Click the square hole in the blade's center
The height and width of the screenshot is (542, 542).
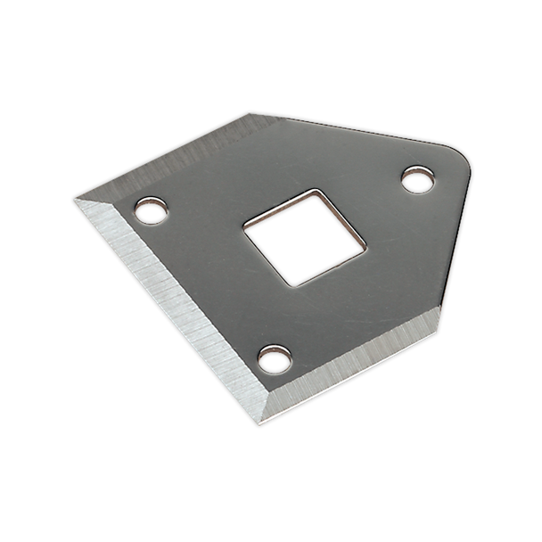pos(302,238)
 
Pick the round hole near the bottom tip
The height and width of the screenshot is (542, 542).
pos(274,359)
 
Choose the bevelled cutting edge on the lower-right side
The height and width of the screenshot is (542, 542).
pos(357,364)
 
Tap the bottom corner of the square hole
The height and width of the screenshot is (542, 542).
pos(289,286)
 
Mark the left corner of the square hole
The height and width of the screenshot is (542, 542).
pos(242,224)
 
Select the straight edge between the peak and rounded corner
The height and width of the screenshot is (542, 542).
pos(357,135)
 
